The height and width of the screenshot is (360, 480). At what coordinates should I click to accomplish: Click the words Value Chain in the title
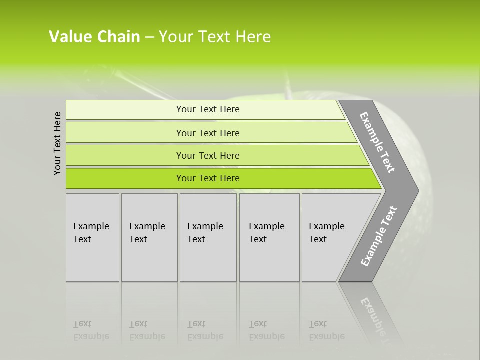click(94, 37)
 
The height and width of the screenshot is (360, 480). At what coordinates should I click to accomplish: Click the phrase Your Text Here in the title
click(215, 37)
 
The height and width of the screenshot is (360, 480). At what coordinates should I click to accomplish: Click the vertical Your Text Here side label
click(58, 144)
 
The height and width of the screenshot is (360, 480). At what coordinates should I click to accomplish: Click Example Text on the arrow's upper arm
click(378, 142)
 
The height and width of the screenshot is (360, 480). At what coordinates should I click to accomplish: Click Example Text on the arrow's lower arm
click(379, 236)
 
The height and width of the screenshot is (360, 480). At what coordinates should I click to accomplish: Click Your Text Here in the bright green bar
click(208, 178)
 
